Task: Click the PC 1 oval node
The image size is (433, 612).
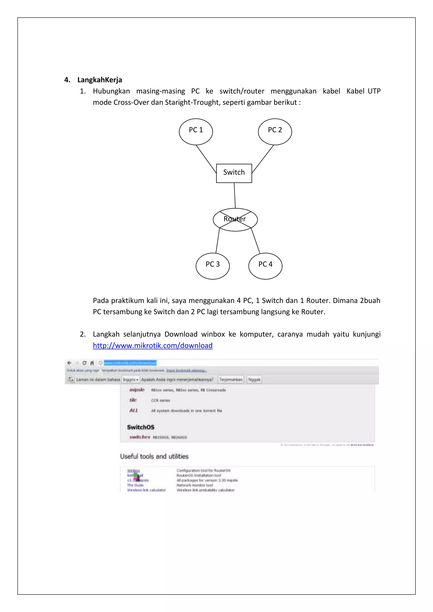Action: pos(196,132)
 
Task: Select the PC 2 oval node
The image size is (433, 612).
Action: pos(275,132)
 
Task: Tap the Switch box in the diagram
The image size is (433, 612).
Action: pos(234,173)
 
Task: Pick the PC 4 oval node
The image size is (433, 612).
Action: pos(265,266)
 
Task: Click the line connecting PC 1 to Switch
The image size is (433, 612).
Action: pos(206,159)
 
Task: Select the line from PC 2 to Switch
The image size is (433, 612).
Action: pos(263,159)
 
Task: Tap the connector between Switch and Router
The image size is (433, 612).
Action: pos(235,195)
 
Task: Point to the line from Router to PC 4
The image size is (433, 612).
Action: pos(256,241)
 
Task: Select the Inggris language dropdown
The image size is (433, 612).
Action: pos(130,379)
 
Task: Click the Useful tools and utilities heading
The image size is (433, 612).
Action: pos(154,456)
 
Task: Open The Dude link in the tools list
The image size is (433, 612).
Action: pos(135,485)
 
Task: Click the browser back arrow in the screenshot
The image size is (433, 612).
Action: pos(69,363)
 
